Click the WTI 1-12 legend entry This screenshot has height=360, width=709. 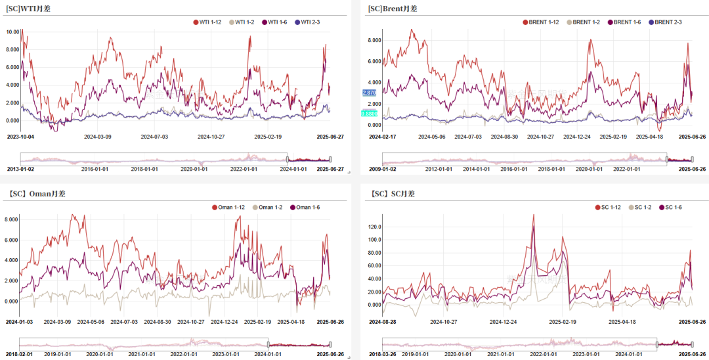pyautogui.click(x=209, y=22)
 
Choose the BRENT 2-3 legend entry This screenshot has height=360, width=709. pyautogui.click(x=665, y=22)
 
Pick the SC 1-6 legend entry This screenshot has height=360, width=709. pyautogui.click(x=670, y=208)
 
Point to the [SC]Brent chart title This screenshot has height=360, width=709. pyautogui.click(x=393, y=9)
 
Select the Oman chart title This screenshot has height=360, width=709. pyautogui.click(x=37, y=194)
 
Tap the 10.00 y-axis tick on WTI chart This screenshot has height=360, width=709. pyautogui.click(x=12, y=32)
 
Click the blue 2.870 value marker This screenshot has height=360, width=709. pyautogui.click(x=370, y=93)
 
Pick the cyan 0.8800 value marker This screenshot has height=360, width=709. pyautogui.click(x=370, y=114)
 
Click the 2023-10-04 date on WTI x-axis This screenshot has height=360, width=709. pyautogui.click(x=22, y=137)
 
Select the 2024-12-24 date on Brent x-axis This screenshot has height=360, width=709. pyautogui.click(x=580, y=137)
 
